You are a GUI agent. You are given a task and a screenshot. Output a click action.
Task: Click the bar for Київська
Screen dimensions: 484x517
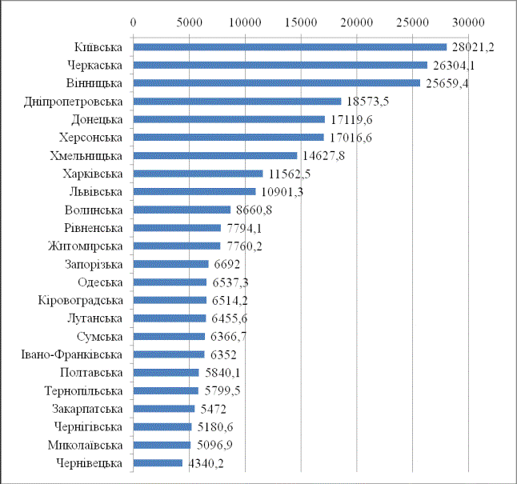point(290,46)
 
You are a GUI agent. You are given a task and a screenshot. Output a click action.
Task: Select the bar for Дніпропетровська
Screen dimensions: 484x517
point(237,101)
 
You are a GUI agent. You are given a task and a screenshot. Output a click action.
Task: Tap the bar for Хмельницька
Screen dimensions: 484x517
point(214,155)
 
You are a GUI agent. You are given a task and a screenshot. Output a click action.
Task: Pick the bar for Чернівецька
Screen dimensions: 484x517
point(158,462)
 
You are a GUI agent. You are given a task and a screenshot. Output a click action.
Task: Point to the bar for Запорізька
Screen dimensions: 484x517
point(170,264)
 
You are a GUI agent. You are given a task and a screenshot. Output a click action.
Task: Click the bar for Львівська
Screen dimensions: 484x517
point(194,191)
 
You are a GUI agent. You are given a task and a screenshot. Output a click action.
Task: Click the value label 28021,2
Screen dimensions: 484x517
point(472,47)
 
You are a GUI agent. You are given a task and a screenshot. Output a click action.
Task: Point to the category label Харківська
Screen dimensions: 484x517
point(93,174)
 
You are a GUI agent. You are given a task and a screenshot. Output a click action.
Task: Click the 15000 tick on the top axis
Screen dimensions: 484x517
point(300,22)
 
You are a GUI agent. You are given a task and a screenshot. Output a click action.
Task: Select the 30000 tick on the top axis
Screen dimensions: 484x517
point(468,22)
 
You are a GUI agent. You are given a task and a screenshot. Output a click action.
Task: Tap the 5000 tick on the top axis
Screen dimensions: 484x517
point(188,22)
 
